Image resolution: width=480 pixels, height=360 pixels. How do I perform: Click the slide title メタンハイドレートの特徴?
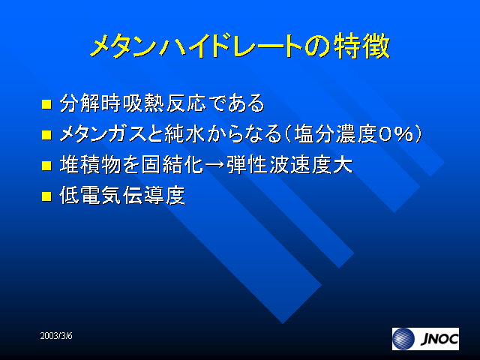[x=240, y=46]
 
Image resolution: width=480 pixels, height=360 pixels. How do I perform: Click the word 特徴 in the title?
[x=361, y=46]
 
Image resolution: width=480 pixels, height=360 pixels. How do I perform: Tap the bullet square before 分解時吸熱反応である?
[x=46, y=103]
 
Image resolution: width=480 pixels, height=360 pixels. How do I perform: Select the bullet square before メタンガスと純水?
[x=46, y=135]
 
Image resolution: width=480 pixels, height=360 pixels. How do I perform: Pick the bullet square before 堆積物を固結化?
[x=46, y=165]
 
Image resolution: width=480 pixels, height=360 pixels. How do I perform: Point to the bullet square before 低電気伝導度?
[x=46, y=196]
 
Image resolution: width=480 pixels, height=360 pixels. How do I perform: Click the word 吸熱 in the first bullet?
[x=144, y=103]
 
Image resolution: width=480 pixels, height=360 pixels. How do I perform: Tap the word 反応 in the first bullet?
[x=186, y=103]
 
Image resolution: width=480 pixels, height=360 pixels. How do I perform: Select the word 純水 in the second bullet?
[x=185, y=134]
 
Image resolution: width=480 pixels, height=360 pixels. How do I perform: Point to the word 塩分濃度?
[x=335, y=134]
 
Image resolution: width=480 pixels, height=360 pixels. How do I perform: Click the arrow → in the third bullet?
[x=215, y=166]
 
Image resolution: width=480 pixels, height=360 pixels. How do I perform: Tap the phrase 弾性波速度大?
[x=289, y=165]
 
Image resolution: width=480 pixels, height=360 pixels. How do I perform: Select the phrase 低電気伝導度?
[x=122, y=195]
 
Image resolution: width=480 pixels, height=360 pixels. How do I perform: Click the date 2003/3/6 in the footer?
[x=56, y=336]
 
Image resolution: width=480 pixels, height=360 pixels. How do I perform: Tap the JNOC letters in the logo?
[x=439, y=339]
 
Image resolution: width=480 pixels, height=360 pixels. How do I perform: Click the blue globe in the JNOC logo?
[x=403, y=339]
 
